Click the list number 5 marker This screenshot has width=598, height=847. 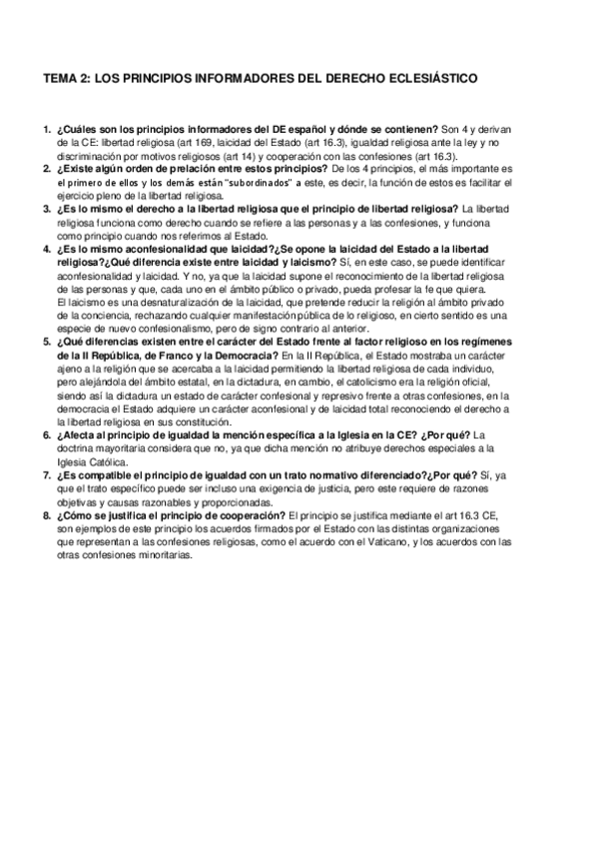pos(47,341)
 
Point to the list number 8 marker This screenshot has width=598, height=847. pos(47,515)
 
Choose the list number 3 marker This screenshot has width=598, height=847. pos(47,209)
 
